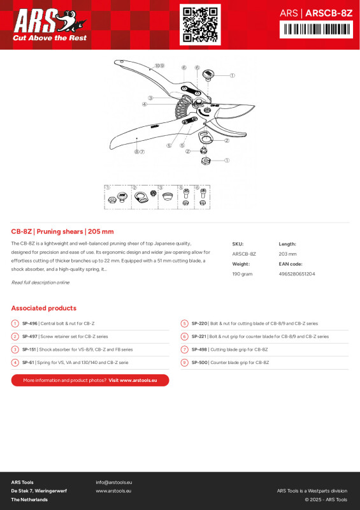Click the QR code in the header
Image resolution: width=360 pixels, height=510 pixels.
(x=200, y=24)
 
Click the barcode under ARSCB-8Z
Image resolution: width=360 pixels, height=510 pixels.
(x=315, y=29)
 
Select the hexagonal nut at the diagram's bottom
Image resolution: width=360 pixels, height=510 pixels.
(x=205, y=161)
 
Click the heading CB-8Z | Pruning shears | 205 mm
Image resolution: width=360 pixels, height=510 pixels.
(x=62, y=231)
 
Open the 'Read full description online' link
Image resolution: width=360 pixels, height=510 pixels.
(x=40, y=282)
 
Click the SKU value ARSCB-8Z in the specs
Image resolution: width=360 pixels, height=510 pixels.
(x=244, y=254)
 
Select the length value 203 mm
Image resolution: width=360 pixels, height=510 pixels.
(x=287, y=254)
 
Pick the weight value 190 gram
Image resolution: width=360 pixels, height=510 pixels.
(x=243, y=273)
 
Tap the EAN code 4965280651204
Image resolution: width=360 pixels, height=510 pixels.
(x=296, y=273)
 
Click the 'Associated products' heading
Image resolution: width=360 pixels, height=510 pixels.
(x=43, y=308)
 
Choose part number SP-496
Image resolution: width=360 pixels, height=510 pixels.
(x=29, y=324)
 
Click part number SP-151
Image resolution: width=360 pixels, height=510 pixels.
(x=29, y=349)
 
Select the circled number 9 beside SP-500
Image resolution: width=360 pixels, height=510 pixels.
(x=184, y=362)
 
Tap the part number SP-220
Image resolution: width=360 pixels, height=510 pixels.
(x=199, y=324)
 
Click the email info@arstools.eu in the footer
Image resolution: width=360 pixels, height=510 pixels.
(x=113, y=482)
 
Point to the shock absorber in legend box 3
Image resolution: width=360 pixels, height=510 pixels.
(x=167, y=197)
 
